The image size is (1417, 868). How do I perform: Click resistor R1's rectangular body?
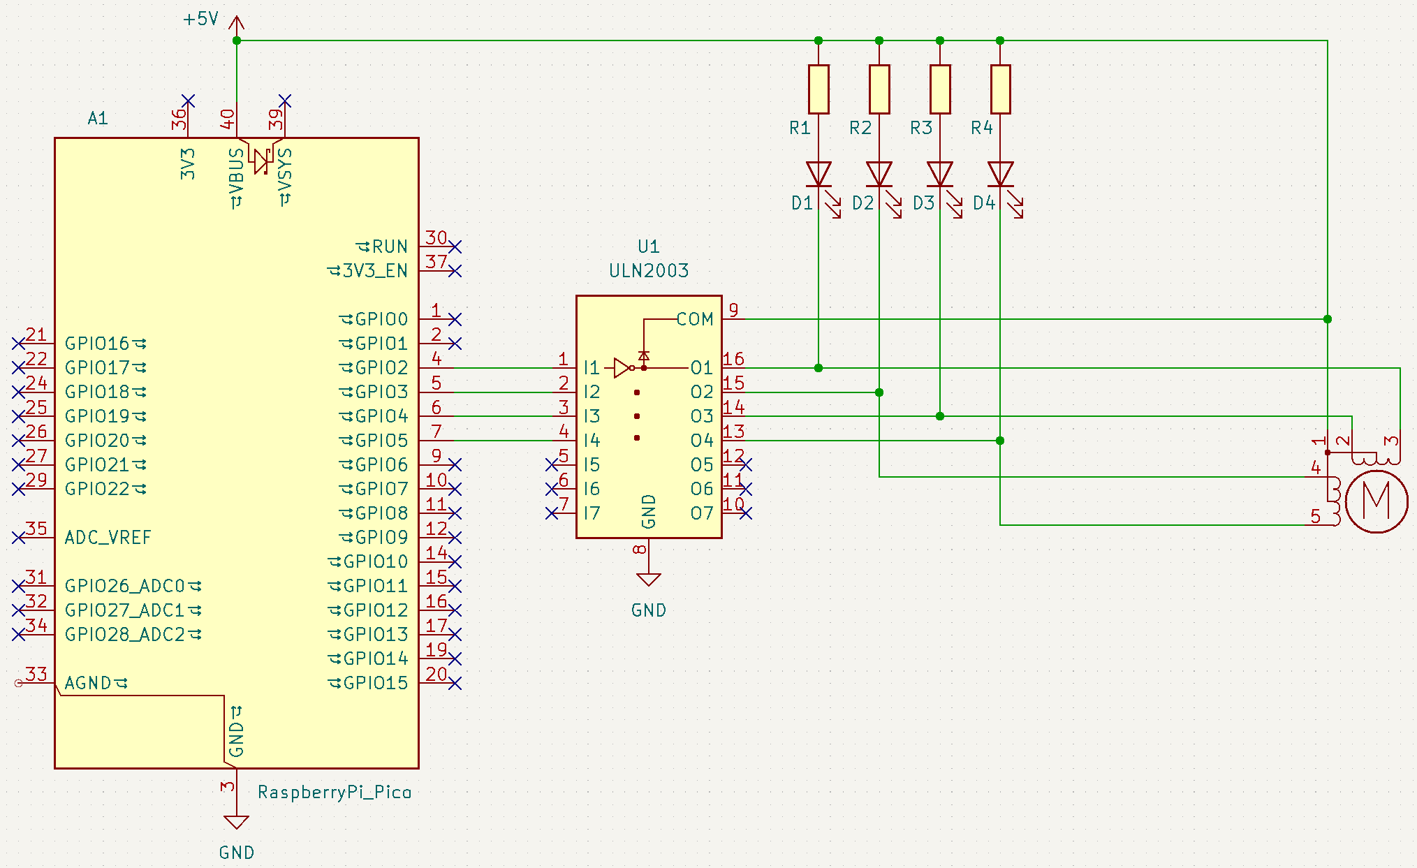pyautogui.click(x=818, y=89)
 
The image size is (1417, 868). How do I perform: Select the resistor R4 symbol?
pyautogui.click(x=1000, y=89)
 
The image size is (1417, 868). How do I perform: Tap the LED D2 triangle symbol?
pyautogui.click(x=879, y=174)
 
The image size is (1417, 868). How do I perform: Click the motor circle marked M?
pyautogui.click(x=1376, y=501)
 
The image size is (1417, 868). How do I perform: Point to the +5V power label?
pyautogui.click(x=200, y=19)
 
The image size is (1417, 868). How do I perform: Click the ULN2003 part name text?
pyautogui.click(x=648, y=271)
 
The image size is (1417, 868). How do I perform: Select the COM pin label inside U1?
pyautogui.click(x=694, y=319)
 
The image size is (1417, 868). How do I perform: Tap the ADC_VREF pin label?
pyautogui.click(x=108, y=538)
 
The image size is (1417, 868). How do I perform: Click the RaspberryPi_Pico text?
pyautogui.click(x=335, y=792)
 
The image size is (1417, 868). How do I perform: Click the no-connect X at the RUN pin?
pyautogui.click(x=455, y=247)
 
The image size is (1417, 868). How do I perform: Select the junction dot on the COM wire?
pyautogui.click(x=1327, y=319)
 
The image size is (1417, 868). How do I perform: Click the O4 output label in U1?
pyautogui.click(x=702, y=441)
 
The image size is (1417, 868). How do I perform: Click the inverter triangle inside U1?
pyautogui.click(x=622, y=368)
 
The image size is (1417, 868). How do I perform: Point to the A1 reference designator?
pyautogui.click(x=98, y=118)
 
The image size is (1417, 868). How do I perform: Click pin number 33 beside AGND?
pyautogui.click(x=36, y=674)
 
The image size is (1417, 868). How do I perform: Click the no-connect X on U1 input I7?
pyautogui.click(x=552, y=513)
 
